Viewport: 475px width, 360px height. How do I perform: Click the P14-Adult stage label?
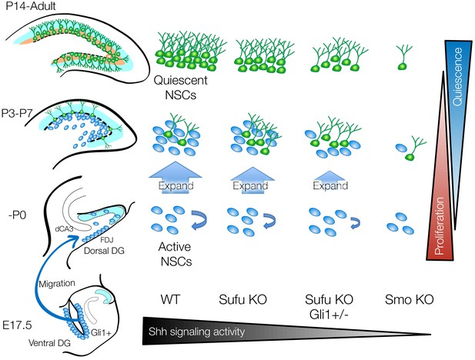(x=31, y=5)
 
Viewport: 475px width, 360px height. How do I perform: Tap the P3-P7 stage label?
(x=17, y=114)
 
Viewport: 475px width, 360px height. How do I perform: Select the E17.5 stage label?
(x=17, y=325)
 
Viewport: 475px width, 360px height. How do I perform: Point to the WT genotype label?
(x=170, y=299)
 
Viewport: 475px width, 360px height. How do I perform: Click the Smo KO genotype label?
(x=410, y=299)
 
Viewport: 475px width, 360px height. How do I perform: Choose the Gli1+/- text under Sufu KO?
(x=329, y=315)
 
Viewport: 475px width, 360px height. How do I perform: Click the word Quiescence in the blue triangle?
(x=457, y=77)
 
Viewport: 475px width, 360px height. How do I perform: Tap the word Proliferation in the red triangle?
(x=439, y=226)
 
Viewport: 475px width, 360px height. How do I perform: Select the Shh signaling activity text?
(x=196, y=332)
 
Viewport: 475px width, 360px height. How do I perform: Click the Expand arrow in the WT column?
(x=176, y=178)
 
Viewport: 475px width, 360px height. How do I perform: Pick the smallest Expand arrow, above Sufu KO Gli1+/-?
(x=330, y=181)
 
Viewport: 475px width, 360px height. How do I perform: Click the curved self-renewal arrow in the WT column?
(x=199, y=221)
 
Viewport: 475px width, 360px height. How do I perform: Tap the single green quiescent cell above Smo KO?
(x=403, y=58)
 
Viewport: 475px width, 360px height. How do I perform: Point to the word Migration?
(x=57, y=284)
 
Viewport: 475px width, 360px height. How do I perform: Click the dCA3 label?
(x=64, y=229)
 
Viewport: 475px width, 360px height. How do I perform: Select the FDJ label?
(x=106, y=240)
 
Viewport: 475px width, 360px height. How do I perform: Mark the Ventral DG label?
(x=49, y=343)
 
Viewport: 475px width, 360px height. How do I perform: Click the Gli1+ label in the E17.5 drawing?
(x=101, y=332)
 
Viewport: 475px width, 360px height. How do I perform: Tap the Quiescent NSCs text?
(x=181, y=88)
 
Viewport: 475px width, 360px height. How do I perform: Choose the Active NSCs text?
(x=175, y=254)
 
